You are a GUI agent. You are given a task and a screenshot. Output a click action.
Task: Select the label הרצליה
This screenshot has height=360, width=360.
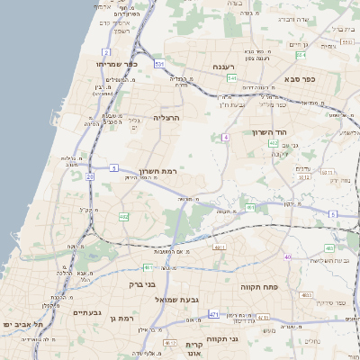[167, 117]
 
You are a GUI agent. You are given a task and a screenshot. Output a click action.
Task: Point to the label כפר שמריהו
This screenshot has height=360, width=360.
[116, 65]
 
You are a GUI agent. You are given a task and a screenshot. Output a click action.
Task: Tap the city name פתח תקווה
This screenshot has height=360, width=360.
[257, 286]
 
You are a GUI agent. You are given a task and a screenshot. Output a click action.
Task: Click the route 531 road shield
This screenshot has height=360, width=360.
[158, 64]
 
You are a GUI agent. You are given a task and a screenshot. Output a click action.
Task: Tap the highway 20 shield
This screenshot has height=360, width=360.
[90, 176]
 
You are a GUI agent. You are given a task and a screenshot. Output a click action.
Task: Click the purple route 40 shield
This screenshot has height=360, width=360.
[287, 257]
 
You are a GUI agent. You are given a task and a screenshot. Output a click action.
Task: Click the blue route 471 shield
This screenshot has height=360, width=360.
[214, 314]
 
